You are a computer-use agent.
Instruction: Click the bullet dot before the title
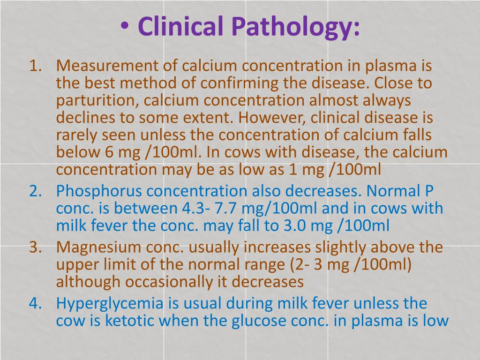click(x=125, y=25)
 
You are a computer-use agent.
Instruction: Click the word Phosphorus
click(x=98, y=191)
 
